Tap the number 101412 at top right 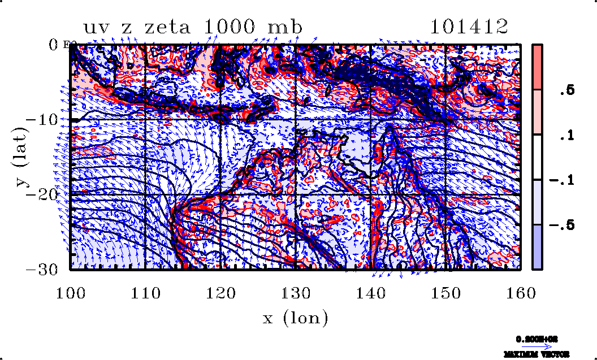[x=468, y=27]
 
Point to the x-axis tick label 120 [x=220, y=293]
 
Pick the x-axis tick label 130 [x=295, y=293]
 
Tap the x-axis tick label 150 [x=445, y=293]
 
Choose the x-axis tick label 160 [x=520, y=293]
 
